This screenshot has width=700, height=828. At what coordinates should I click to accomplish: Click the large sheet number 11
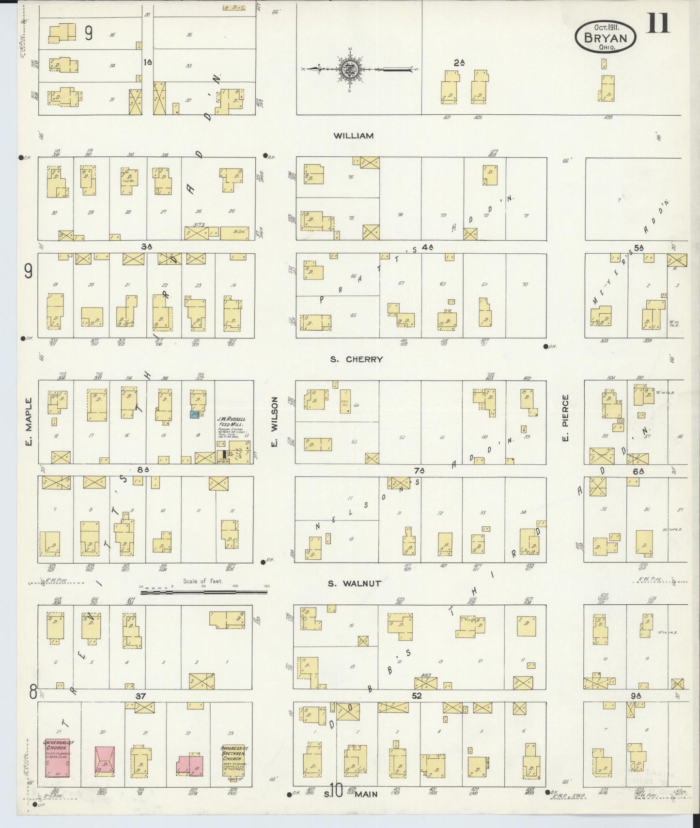(x=658, y=22)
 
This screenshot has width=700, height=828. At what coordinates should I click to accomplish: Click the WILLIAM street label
(x=354, y=136)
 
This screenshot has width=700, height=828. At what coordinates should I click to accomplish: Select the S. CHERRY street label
(x=357, y=359)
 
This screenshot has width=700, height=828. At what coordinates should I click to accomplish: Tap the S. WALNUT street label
(x=354, y=583)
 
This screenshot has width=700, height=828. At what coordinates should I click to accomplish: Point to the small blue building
(x=194, y=414)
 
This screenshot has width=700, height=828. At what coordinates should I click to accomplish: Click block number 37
(x=140, y=696)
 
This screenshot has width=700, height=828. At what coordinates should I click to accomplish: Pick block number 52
(x=417, y=696)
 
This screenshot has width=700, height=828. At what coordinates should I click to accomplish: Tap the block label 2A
(x=459, y=62)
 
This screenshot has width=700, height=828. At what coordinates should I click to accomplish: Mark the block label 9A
(x=636, y=696)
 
